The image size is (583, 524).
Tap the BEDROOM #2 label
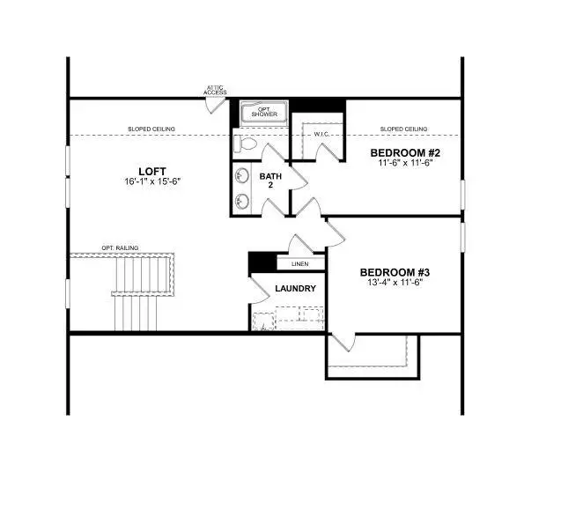[x=404, y=151]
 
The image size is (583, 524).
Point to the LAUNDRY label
[x=295, y=288]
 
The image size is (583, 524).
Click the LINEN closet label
[x=299, y=263]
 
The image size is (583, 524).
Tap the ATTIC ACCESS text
[x=215, y=90]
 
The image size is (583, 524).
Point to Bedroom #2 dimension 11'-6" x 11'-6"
[x=404, y=163]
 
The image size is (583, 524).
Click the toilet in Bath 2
[x=247, y=144]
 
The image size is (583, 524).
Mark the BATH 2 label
[x=269, y=181]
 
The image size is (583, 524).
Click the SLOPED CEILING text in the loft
[x=151, y=129]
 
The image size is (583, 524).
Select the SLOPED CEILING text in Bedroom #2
[x=403, y=129]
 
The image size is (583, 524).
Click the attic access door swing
[x=215, y=103]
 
